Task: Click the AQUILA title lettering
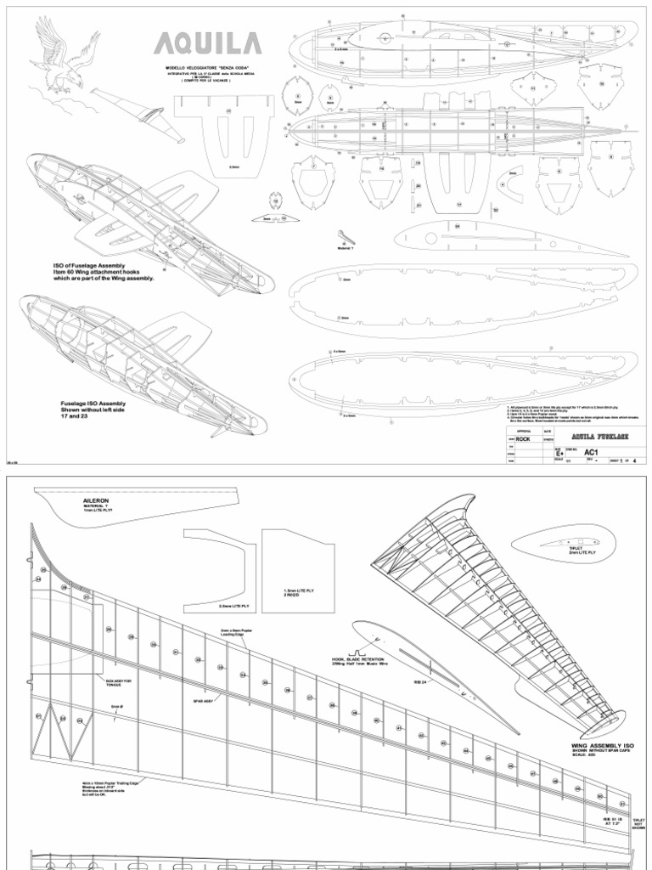(201, 44)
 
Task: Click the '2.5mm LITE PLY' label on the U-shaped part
(233, 606)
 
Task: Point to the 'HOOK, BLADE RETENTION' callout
(363, 659)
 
